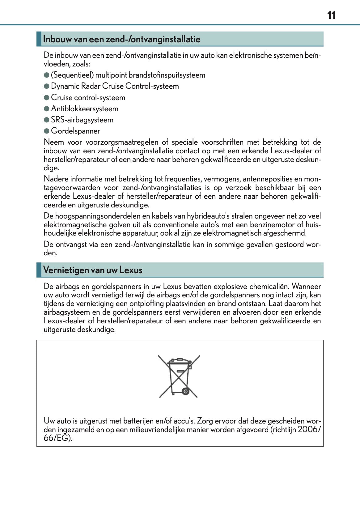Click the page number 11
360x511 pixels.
pyautogui.click(x=331, y=15)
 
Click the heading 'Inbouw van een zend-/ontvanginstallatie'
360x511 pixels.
pyautogui.click(x=122, y=39)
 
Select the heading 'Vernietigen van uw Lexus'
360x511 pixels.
pyautogui.click(x=93, y=270)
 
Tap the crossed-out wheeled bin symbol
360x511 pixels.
pyautogui.click(x=179, y=376)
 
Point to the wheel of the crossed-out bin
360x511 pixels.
pyautogui.click(x=185, y=391)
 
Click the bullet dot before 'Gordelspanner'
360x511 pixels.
pyautogui.click(x=47, y=131)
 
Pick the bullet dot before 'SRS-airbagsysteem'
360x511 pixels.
pyautogui.click(x=47, y=120)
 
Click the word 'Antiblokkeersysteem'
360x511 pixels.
pyautogui.click(x=85, y=109)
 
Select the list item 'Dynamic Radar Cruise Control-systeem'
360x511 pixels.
pyautogui.click(x=115, y=86)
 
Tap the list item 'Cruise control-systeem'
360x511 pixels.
pyautogui.click(x=88, y=98)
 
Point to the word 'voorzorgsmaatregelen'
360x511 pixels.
pyautogui.click(x=122, y=142)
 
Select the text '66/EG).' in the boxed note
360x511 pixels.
pyautogui.click(x=58, y=438)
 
